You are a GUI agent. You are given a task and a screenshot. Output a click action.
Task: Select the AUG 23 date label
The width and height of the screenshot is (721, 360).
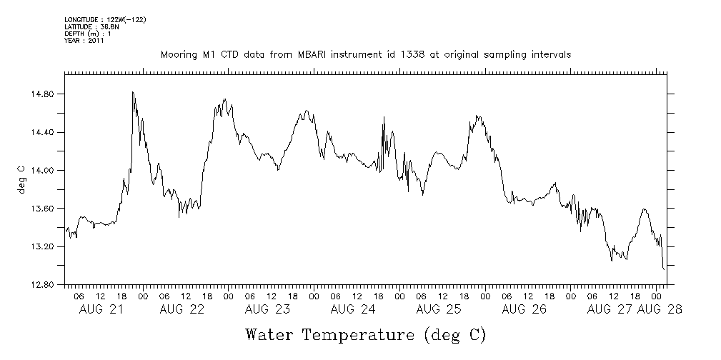(x=267, y=309)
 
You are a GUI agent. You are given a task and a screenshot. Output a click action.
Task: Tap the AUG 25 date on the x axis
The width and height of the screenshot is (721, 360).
(x=438, y=309)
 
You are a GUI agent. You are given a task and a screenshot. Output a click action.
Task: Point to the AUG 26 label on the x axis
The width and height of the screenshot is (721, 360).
(x=524, y=309)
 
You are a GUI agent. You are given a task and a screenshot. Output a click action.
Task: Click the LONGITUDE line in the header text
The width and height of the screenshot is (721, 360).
(x=105, y=19)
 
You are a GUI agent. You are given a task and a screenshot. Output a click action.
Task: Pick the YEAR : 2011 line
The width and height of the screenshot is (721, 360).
(x=84, y=41)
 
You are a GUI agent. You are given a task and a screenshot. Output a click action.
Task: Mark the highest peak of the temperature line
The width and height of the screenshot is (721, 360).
(x=133, y=92)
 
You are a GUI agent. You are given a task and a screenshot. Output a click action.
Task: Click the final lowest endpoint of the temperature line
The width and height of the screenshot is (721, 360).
(x=665, y=269)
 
